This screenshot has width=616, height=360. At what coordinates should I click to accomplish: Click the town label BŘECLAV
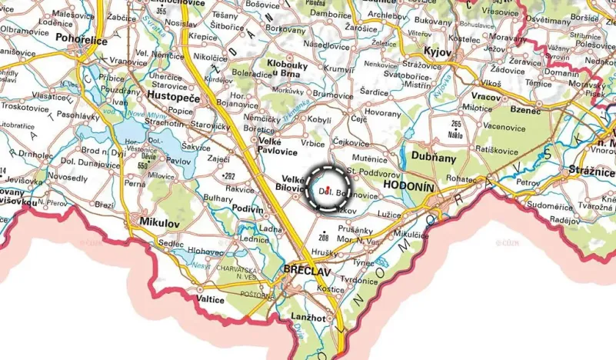coord(308,272)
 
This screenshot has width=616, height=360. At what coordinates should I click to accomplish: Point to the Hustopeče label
coord(172,98)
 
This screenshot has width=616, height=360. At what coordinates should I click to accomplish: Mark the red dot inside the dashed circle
coord(328,189)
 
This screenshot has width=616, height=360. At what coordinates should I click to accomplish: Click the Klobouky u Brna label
coord(288,68)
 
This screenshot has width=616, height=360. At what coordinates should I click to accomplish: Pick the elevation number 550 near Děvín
coord(142,165)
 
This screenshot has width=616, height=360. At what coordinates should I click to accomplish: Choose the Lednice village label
coord(255,238)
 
